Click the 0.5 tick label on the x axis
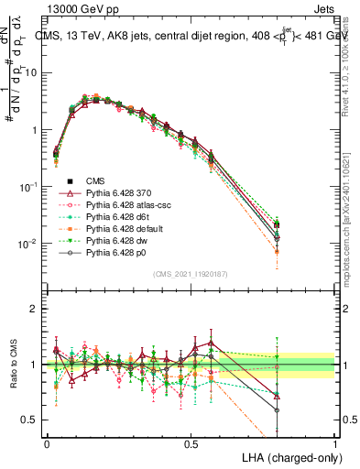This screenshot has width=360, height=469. point(191,443)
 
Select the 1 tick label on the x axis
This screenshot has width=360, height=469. point(335,443)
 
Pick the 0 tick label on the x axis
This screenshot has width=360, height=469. point(47,443)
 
